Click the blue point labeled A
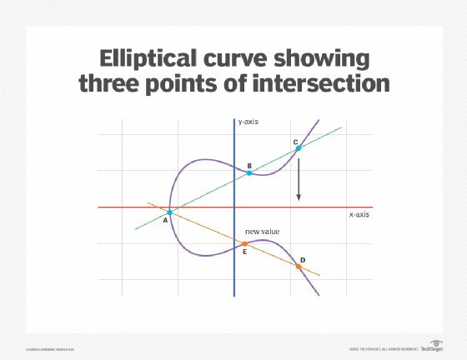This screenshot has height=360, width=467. point(169,212)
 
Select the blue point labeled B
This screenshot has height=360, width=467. point(249,174)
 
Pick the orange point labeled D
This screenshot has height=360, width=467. point(299,267)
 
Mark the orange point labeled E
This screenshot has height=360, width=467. point(244,243)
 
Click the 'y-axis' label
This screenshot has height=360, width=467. point(249,122)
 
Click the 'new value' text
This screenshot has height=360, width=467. point(261,230)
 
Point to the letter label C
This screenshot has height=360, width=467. point(295,142)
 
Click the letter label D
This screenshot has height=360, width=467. point(302,260)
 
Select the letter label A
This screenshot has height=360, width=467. point(165,221)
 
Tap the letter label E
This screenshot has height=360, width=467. point(244,252)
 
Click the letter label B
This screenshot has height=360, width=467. point(249,167)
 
